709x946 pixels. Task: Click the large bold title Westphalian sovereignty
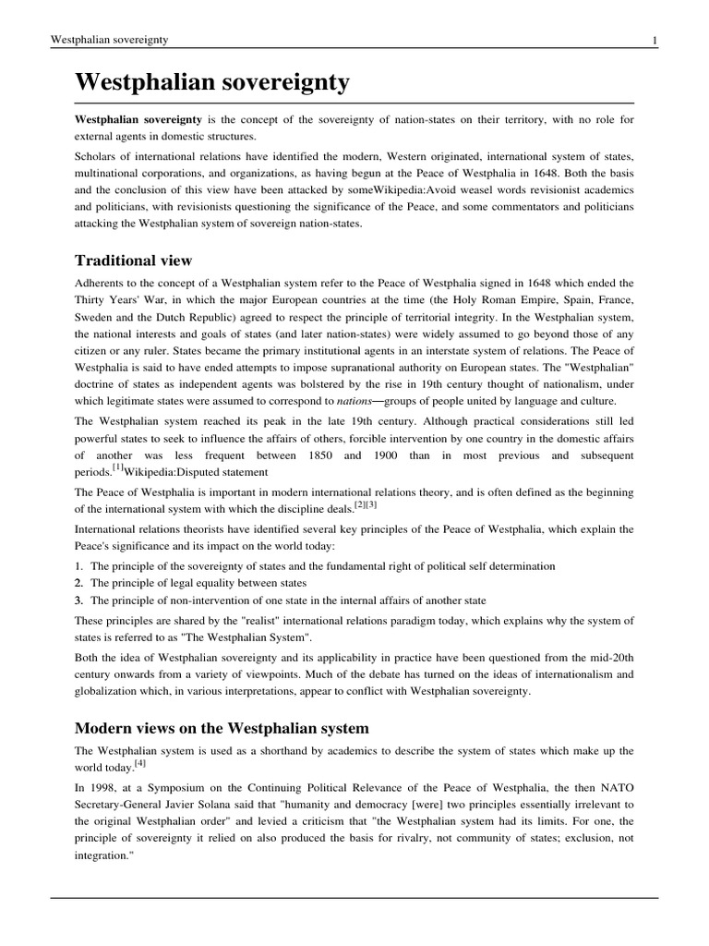[212, 83]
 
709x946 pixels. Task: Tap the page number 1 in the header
[654, 40]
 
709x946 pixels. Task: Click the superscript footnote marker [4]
[140, 763]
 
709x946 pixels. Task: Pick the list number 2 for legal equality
[79, 584]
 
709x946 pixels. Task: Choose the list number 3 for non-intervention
[79, 601]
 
